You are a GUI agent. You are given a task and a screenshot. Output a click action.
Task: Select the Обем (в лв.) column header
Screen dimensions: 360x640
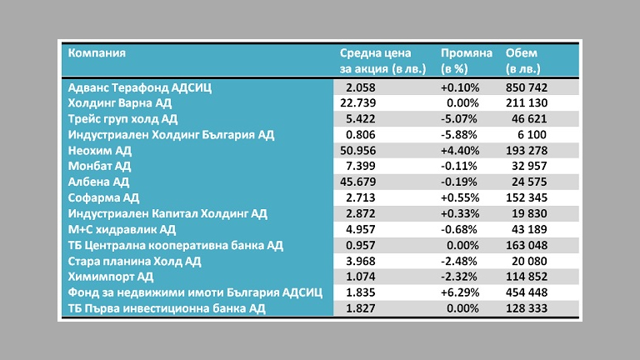pos(522,60)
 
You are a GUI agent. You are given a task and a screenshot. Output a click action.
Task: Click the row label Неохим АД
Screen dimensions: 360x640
pos(99,150)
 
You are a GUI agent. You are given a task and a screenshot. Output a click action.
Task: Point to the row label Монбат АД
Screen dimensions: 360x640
pos(99,166)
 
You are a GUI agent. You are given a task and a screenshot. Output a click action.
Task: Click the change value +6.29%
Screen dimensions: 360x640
pos(460,292)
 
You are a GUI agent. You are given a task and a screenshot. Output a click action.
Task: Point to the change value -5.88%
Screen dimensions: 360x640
pos(461,134)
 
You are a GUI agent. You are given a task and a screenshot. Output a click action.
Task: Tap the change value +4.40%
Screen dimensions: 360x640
pos(460,150)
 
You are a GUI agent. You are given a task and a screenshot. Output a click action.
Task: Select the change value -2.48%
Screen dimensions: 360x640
pos(461,261)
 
